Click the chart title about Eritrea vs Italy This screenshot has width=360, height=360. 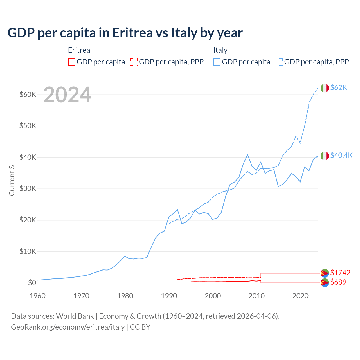click(x=125, y=33)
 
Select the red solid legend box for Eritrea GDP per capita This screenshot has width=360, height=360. click(x=72, y=62)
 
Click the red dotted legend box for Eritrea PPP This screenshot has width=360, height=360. click(x=134, y=62)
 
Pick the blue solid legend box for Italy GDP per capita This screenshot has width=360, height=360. click(x=217, y=62)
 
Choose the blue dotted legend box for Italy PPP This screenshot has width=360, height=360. click(x=279, y=62)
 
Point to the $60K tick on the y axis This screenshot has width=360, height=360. click(x=28, y=94)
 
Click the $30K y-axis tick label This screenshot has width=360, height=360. click(x=28, y=188)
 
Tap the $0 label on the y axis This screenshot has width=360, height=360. click(x=32, y=283)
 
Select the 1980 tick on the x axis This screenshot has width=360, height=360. click(x=125, y=296)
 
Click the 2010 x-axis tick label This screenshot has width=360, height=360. click(x=256, y=296)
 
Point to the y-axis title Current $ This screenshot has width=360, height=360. click(x=12, y=180)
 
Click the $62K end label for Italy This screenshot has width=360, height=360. click(x=339, y=88)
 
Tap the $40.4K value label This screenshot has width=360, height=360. click(x=341, y=156)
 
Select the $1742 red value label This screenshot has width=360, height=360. click(x=340, y=273)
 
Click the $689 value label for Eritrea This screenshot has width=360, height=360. click(x=338, y=282)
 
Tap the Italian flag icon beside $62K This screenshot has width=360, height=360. click(x=325, y=88)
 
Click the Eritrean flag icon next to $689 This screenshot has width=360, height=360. click(x=325, y=282)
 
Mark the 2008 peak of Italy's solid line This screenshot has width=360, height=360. click(x=247, y=154)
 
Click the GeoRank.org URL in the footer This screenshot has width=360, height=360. click(x=68, y=327)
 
